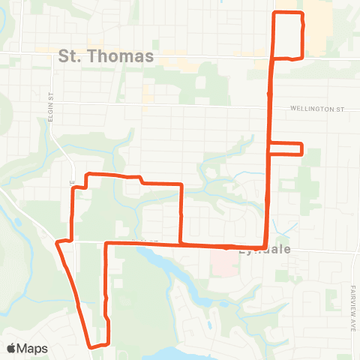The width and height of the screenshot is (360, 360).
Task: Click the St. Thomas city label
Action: [x=106, y=55]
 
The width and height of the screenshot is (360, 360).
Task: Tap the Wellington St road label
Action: [x=317, y=109]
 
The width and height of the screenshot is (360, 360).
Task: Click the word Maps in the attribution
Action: [x=32, y=348]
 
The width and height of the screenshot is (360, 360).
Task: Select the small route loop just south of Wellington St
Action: [x=286, y=148]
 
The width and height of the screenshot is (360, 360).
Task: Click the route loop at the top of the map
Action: [x=288, y=35]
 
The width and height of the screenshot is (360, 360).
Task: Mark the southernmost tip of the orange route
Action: [x=93, y=346]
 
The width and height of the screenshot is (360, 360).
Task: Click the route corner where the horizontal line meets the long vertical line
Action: [x=264, y=246]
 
